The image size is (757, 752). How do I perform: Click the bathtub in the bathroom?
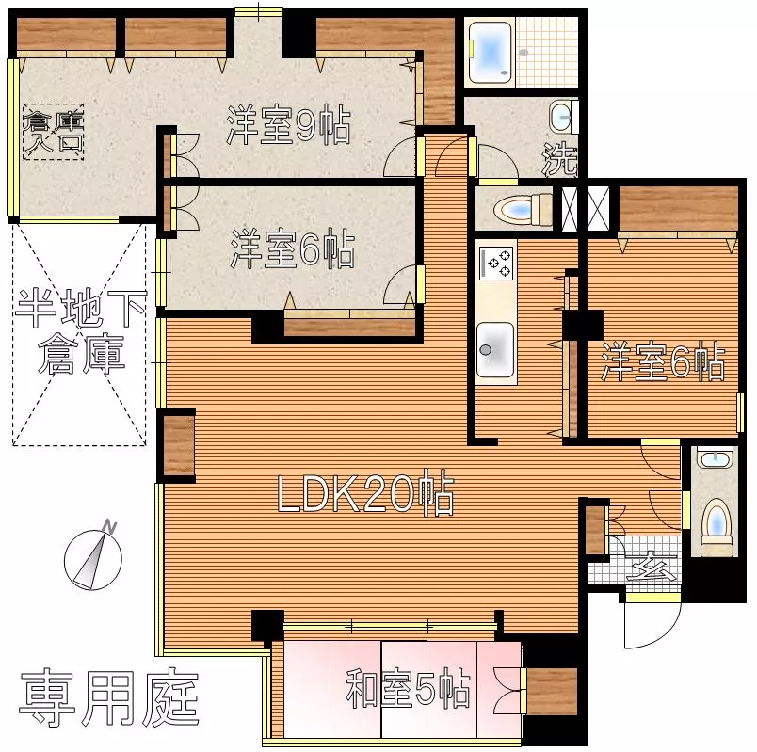(490, 52)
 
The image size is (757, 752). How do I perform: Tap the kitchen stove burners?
(496, 263)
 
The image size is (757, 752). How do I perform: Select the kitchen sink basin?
(495, 350)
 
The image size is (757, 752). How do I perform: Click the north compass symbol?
(93, 555)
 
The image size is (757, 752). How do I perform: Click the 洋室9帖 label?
(289, 124)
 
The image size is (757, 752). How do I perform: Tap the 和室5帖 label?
(408, 687)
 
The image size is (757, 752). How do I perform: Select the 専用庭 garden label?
(108, 698)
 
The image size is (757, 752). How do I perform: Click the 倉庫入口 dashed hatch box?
(54, 132)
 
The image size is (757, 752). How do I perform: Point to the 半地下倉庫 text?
(81, 331)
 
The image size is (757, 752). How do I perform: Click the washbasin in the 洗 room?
(563, 117)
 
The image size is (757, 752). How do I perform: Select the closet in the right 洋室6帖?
(678, 209)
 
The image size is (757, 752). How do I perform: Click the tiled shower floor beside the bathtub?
(547, 52)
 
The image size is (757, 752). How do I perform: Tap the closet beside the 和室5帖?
(552, 691)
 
